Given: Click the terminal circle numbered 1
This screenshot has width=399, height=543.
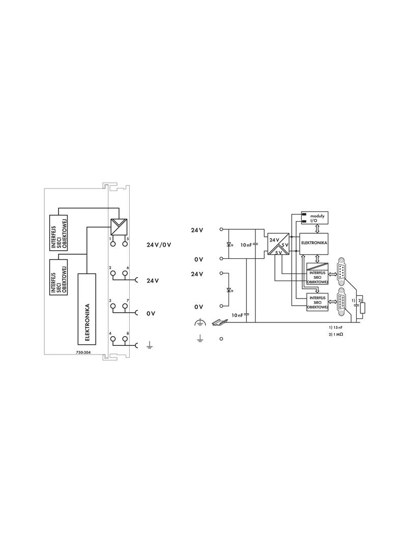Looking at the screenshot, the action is pyautogui.click(x=113, y=244).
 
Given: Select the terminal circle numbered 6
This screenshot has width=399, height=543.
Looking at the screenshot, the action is pyautogui.click(x=125, y=274).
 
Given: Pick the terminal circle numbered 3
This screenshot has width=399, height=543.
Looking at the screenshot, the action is pyautogui.click(x=113, y=306).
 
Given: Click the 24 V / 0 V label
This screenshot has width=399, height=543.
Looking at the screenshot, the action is pyautogui.click(x=159, y=245).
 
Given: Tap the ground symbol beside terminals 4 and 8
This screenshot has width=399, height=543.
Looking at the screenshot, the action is pyautogui.click(x=149, y=345).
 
